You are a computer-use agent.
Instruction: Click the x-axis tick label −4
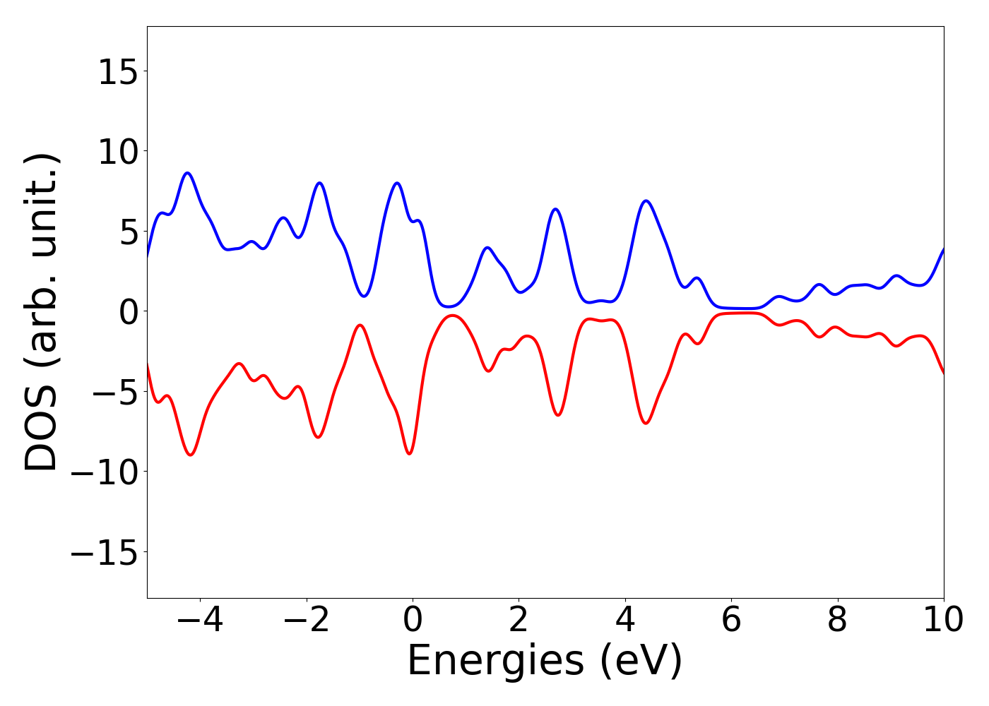point(200,621)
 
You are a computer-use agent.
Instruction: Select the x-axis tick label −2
point(306,621)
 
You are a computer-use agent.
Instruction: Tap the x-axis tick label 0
point(413,621)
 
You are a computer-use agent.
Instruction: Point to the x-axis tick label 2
point(519,621)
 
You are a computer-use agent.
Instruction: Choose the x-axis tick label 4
point(625,621)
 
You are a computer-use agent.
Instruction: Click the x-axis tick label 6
point(731,621)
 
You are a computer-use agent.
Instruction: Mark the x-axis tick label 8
point(837,621)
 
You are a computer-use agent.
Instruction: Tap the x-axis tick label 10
point(943,621)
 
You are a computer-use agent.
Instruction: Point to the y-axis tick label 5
point(128,232)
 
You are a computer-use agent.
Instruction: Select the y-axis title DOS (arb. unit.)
point(42,311)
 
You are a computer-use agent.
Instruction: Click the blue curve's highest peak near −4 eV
point(188,172)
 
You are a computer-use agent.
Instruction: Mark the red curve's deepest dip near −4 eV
point(190,455)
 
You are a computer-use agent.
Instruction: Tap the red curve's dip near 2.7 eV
point(557,415)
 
